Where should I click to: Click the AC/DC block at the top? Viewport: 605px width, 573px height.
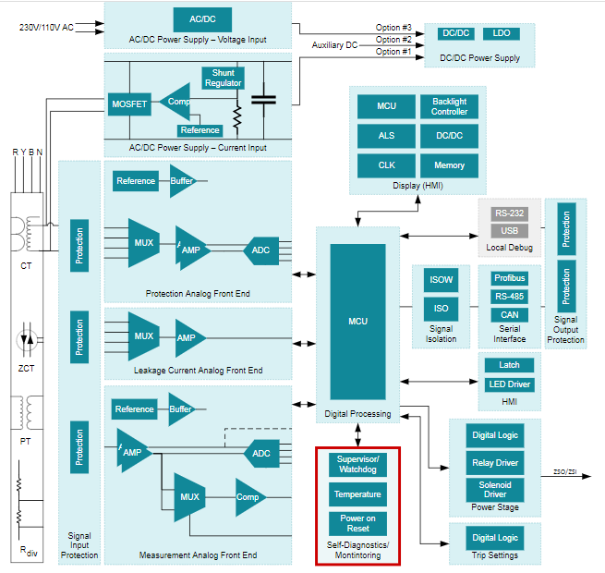click(202, 19)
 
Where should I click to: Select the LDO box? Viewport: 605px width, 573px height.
click(502, 33)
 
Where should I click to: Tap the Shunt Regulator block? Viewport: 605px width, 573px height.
click(223, 78)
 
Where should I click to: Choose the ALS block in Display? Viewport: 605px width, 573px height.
click(386, 136)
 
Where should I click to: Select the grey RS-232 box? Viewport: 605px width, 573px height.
click(509, 213)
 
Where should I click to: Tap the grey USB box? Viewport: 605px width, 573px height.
click(509, 230)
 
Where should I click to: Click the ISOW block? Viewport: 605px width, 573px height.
click(441, 279)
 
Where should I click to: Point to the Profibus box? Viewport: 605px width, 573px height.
click(509, 278)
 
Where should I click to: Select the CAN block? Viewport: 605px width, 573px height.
click(509, 314)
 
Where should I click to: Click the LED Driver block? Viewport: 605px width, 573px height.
click(509, 384)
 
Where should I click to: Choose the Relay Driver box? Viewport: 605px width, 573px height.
click(495, 462)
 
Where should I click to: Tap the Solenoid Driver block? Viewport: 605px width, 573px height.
click(495, 489)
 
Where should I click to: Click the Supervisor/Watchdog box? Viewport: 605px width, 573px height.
click(357, 464)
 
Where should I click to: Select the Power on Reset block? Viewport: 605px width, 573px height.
click(357, 523)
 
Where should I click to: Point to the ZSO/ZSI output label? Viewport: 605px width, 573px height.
click(565, 472)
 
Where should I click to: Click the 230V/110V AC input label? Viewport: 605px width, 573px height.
click(46, 28)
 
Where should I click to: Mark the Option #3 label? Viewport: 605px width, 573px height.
click(393, 27)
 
